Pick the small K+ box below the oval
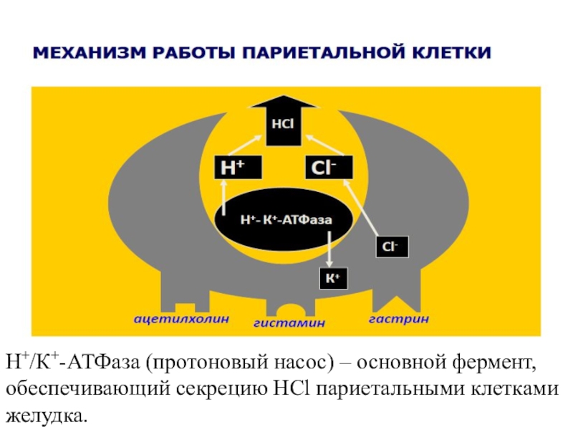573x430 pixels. pos(332,277)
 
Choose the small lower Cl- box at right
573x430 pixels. pos(391,247)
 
